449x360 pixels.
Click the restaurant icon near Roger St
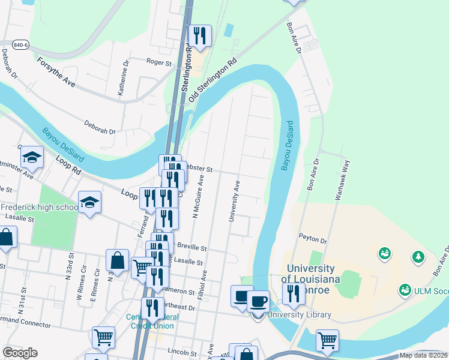[x=199, y=36]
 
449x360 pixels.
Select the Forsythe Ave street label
[x=56, y=72]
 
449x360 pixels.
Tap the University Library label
[x=299, y=314]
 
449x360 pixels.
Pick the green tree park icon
[x=418, y=256]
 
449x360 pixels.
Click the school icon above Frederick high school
[x=89, y=202]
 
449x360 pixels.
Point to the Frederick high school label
[x=39, y=208]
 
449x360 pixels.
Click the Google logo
[x=20, y=353]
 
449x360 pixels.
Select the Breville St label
[x=191, y=247]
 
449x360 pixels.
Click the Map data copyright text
[x=423, y=355]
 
